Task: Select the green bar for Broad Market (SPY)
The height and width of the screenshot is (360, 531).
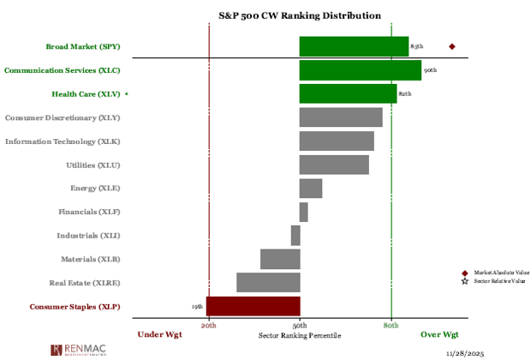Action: [x=354, y=46]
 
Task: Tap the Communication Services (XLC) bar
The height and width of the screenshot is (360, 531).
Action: [x=360, y=70]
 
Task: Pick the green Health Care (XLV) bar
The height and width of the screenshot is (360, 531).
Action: [x=348, y=93]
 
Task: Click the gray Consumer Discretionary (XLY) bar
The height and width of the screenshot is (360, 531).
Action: [x=341, y=117]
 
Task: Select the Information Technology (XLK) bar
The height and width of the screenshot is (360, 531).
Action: [x=337, y=141]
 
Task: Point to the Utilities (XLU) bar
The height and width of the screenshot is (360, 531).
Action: [x=334, y=165]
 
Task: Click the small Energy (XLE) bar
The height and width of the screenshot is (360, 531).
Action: [x=311, y=188]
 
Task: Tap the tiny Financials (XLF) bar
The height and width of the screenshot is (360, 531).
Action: [x=303, y=212]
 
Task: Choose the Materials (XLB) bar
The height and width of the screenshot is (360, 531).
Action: [x=280, y=259]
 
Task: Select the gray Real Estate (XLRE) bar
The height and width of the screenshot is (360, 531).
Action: [x=268, y=282]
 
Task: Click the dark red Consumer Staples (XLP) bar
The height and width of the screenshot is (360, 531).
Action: [x=253, y=306]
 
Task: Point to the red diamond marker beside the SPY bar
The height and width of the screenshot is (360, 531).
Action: [x=452, y=46]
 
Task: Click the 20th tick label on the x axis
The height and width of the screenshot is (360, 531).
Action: [x=209, y=326]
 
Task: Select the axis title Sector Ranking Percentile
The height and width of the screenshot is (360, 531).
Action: [x=299, y=335]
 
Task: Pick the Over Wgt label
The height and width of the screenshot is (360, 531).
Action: [x=439, y=334]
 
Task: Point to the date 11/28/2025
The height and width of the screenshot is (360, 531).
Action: [x=467, y=352]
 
